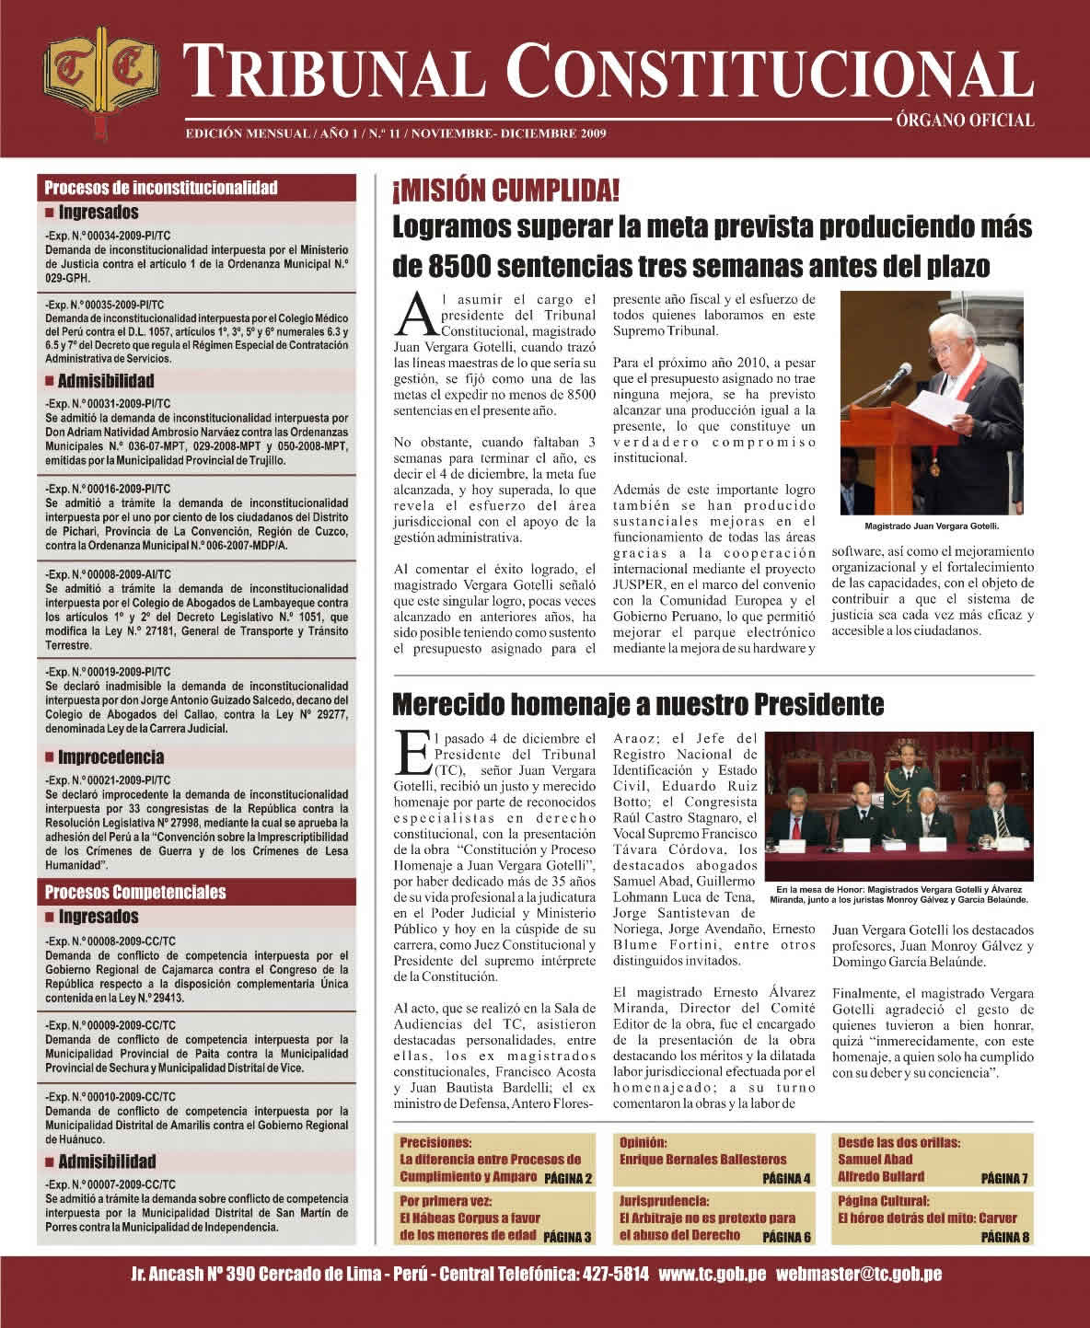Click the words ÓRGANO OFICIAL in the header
pyautogui.click(x=962, y=120)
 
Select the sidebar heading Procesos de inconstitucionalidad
pyautogui.click(x=161, y=188)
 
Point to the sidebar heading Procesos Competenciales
pyautogui.click(x=135, y=892)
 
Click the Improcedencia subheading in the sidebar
pyautogui.click(x=110, y=757)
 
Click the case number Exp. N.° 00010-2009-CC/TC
pyautogui.click(x=108, y=1097)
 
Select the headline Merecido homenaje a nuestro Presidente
pyautogui.click(x=637, y=705)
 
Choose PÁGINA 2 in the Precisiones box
pyautogui.click(x=567, y=1178)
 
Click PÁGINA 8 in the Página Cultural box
pyautogui.click(x=1004, y=1237)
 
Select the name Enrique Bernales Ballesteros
pyautogui.click(x=703, y=1160)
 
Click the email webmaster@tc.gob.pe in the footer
pyautogui.click(x=859, y=1275)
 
